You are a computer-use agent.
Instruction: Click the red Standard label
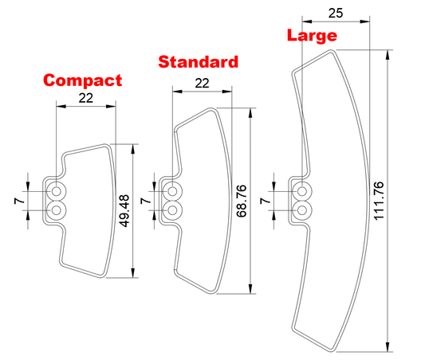click(x=199, y=61)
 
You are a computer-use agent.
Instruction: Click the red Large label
click(x=312, y=36)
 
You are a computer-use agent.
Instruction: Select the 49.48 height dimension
click(x=124, y=210)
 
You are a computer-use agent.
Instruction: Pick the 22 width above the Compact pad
click(x=86, y=98)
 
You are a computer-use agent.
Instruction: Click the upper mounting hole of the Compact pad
click(x=57, y=191)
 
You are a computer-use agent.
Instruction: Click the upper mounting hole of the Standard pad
click(x=172, y=191)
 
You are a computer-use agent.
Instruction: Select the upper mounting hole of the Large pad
click(x=302, y=191)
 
